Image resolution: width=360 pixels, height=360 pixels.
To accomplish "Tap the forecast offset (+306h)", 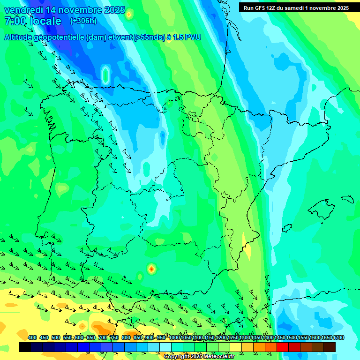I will coord(83,21).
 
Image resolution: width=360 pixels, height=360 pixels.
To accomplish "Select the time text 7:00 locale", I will coord(33,21).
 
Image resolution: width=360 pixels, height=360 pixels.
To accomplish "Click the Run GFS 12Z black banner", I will coord(296,7).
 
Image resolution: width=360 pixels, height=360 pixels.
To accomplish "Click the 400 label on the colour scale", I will coord(32,338).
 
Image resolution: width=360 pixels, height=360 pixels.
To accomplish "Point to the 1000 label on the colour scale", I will coord(174,338).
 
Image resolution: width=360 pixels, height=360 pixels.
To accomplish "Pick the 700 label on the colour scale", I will coord(103,338).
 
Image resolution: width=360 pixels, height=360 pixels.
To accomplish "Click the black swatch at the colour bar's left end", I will coord(25,347).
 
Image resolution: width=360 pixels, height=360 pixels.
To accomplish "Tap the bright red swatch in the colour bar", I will coord(283,347).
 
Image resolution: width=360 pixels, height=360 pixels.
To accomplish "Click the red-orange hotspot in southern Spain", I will coord(151,269).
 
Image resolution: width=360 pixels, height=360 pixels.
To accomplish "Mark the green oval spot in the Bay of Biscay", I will coord(105,74).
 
